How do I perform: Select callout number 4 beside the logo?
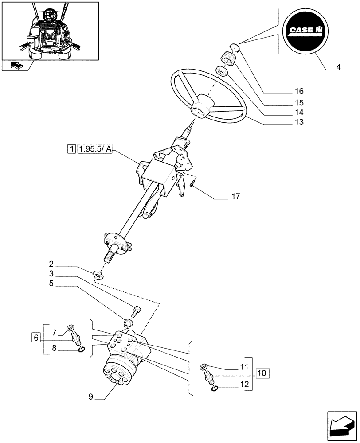339,68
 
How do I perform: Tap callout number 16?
299,92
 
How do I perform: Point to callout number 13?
299,122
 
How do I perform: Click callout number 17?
235,196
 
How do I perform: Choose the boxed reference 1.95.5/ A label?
95,150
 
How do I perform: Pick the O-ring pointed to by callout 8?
81,351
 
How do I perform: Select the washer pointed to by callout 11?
203,366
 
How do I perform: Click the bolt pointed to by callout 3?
137,310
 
